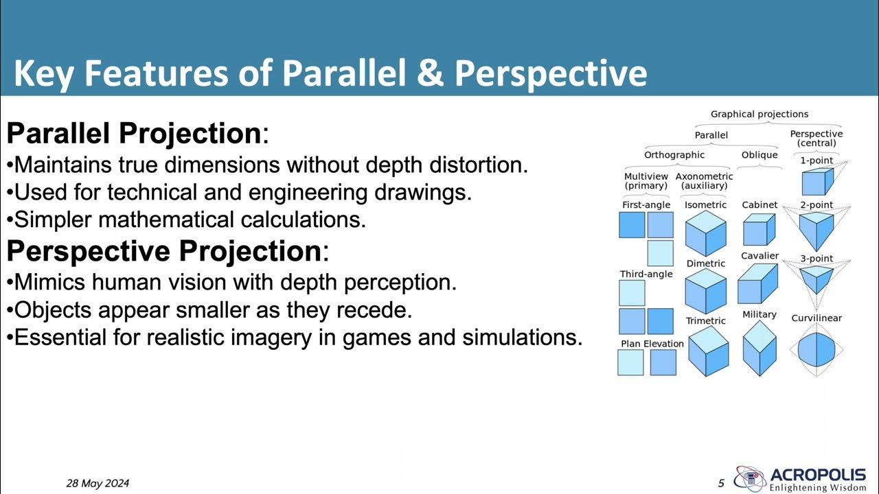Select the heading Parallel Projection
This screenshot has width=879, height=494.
(x=133, y=133)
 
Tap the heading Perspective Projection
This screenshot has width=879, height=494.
(x=163, y=251)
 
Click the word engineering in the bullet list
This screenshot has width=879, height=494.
(x=308, y=193)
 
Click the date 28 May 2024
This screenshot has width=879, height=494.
(x=98, y=483)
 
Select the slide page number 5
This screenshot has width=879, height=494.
(x=721, y=483)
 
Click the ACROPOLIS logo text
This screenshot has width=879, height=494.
(x=818, y=475)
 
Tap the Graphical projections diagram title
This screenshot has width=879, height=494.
(x=760, y=114)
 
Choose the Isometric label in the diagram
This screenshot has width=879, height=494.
(x=706, y=204)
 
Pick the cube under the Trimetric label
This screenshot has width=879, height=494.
(x=708, y=351)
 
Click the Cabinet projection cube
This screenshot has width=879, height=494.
(x=759, y=229)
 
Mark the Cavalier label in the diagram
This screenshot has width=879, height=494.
(x=760, y=256)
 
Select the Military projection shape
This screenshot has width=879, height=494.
(x=760, y=348)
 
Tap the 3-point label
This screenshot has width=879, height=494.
(x=817, y=259)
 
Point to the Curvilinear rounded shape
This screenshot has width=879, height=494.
(x=817, y=351)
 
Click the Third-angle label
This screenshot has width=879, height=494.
(x=646, y=274)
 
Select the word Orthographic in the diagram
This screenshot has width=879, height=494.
(x=674, y=154)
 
